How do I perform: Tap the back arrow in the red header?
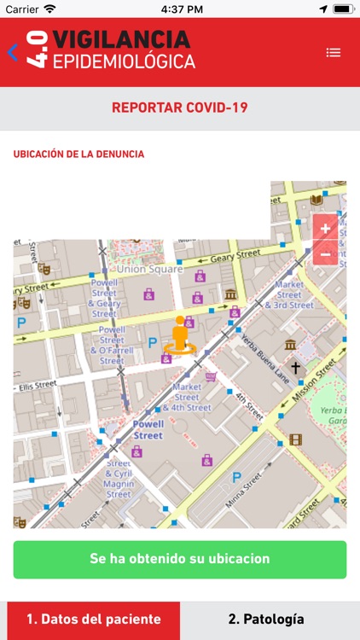[12, 53]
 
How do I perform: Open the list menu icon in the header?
[334, 53]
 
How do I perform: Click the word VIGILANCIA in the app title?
[121, 39]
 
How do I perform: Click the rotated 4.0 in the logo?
[36, 51]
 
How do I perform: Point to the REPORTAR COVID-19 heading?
[180, 108]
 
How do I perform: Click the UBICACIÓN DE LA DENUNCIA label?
[78, 154]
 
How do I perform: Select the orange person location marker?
[179, 335]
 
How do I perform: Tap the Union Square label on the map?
[149, 269]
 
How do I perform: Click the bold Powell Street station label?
[136, 429]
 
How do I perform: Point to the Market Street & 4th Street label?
[187, 397]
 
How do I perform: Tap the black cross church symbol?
[295, 368]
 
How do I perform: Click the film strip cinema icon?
[295, 439]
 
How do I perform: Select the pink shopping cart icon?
[211, 376]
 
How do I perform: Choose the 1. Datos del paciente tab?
[93, 620]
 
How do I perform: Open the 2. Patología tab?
[265, 620]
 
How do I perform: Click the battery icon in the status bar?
[343, 9]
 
